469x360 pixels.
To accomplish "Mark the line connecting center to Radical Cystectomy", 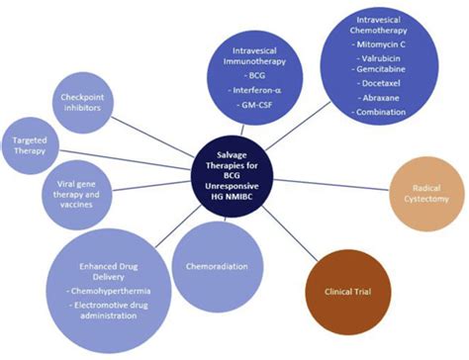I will pyautogui.click(x=321, y=176).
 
